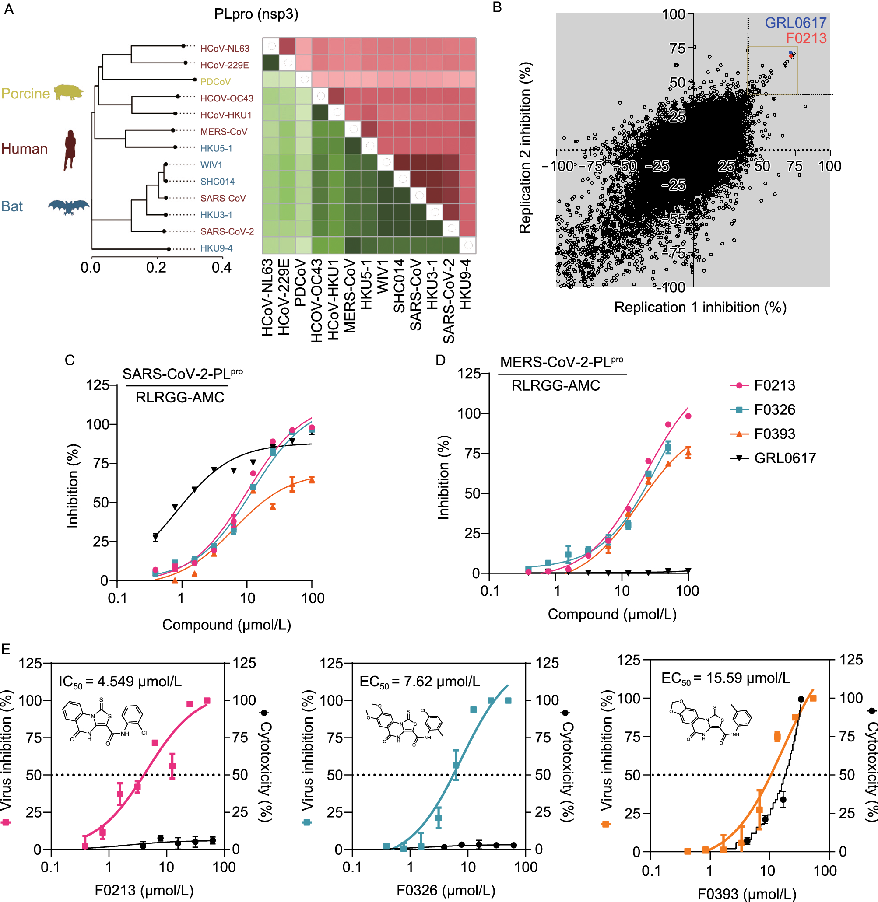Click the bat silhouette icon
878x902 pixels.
click(68, 206)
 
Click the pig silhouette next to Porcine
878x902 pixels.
click(68, 92)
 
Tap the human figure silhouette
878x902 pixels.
click(70, 150)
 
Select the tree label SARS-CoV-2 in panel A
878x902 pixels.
click(227, 231)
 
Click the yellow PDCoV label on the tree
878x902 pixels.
click(215, 81)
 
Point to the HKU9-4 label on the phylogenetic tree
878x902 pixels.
click(216, 248)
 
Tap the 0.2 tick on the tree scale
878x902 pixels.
click(156, 267)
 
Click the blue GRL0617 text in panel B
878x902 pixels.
click(795, 23)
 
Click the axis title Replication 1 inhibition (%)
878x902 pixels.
click(699, 308)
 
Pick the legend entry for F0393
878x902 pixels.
click(774, 434)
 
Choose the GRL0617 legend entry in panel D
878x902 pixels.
click(784, 458)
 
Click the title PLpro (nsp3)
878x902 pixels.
click(256, 14)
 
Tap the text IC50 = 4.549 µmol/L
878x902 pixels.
click(120, 682)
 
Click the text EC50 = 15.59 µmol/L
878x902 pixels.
click(725, 678)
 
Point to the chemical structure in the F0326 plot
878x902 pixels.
click(404, 724)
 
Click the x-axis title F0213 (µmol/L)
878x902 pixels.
click(144, 890)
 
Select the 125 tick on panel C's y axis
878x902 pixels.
click(97, 385)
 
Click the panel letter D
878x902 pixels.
click(440, 360)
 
